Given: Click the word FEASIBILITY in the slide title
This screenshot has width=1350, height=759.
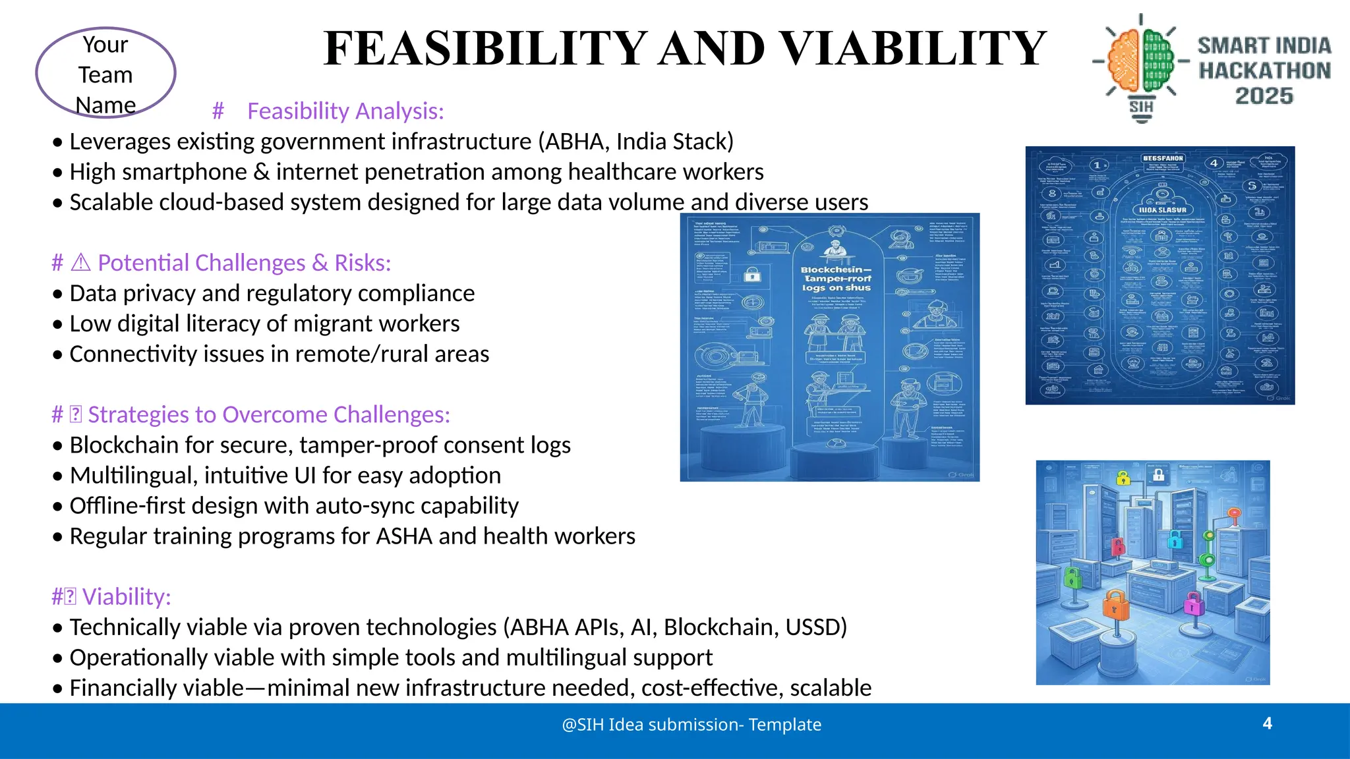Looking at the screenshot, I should (485, 49).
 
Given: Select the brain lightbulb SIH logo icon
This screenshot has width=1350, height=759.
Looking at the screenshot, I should (1141, 66).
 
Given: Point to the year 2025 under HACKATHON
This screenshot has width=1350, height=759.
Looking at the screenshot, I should (1264, 96).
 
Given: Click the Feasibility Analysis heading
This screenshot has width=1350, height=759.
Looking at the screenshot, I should (345, 111).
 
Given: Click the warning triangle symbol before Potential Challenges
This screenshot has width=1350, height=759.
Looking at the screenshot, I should (80, 263).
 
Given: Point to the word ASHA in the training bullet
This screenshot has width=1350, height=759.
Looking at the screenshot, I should (404, 536).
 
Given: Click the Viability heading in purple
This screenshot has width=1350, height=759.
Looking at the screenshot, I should (126, 597).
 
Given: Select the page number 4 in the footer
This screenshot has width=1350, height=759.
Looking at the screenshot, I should (1267, 723).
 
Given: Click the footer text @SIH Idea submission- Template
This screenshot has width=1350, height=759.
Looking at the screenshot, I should (691, 725).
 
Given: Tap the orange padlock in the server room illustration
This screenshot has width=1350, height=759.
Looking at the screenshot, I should (1115, 605).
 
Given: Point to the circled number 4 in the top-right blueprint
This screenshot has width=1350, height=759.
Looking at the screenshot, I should (1214, 163).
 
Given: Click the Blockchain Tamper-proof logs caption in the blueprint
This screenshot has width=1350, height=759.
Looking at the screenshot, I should (836, 279).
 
